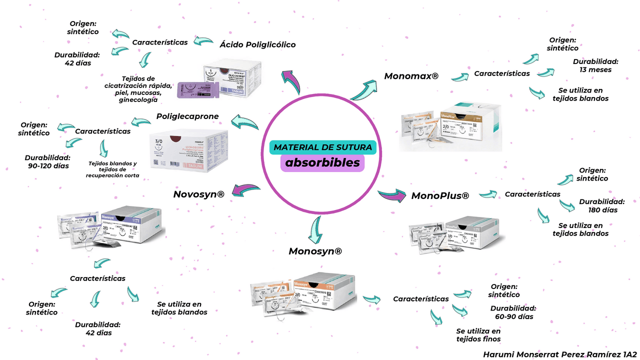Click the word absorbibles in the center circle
click(x=322, y=163)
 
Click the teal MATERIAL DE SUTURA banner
click(x=323, y=147)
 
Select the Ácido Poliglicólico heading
click(x=257, y=44)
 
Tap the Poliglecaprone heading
click(x=187, y=116)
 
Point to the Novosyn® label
click(x=198, y=194)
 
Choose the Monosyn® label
click(x=315, y=251)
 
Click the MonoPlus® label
click(x=440, y=196)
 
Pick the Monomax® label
click(x=411, y=76)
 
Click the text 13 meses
click(x=595, y=69)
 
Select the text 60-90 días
click(x=514, y=316)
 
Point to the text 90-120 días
click(x=48, y=165)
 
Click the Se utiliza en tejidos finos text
click(x=478, y=335)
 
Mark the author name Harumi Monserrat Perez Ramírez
click(x=554, y=354)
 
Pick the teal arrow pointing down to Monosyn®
click(x=316, y=229)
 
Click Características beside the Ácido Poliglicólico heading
click(x=159, y=42)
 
